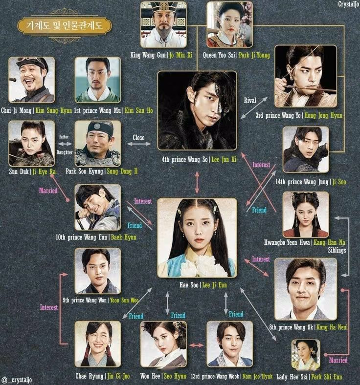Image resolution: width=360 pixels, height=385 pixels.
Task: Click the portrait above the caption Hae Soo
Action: pos(197,237)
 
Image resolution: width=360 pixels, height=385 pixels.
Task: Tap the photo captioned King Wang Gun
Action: pos(163,24)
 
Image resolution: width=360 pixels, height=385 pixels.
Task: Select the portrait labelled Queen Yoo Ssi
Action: pos(230,24)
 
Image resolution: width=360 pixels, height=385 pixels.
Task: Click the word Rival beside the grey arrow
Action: pos(250,100)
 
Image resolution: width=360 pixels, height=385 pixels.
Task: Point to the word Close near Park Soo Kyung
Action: pos(138,138)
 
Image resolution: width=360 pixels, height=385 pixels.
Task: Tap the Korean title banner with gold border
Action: pos(65,25)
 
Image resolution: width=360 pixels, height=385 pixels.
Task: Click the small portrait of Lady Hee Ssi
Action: pos(306,355)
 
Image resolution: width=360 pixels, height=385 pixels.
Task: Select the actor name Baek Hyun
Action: pos(124,237)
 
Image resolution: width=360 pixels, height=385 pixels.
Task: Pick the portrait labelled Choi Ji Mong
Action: pos(31,80)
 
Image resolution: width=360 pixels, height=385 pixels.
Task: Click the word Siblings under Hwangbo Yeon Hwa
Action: pos(337,250)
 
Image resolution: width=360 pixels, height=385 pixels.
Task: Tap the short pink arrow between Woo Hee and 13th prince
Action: pos(197,345)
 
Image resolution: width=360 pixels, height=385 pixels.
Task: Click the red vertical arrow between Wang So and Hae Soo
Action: pos(197,182)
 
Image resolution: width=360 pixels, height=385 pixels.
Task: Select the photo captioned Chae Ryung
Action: pos(98,344)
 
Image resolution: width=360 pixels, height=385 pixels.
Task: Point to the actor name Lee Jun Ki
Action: pos(224,160)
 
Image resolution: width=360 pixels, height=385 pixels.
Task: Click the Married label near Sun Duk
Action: pos(48,191)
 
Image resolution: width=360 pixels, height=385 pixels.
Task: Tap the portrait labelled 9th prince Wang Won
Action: pos(98,271)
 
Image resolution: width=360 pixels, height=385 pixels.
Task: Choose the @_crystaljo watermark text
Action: pos(17,380)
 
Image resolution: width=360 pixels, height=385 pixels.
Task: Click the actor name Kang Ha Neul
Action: pos(332,327)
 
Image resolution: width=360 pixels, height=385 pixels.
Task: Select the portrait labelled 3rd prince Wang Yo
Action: pos(306,76)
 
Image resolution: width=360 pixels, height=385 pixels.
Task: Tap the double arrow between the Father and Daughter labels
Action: pos(65,144)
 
